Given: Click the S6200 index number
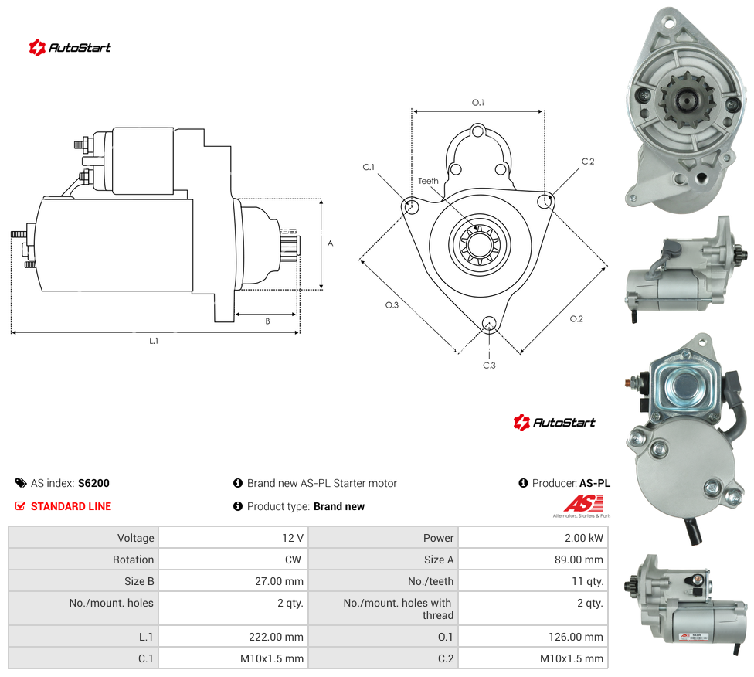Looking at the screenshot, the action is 93,483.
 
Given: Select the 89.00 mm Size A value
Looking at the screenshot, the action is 579,560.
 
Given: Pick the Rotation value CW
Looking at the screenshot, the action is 293,560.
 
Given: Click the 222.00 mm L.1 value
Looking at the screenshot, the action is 276,637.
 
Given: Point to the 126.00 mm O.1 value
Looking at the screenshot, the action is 576,637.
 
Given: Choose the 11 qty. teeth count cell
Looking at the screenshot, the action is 587,581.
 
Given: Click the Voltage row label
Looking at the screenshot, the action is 136,538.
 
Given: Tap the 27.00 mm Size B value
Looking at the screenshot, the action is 280,581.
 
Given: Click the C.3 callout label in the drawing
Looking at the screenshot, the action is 489,366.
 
